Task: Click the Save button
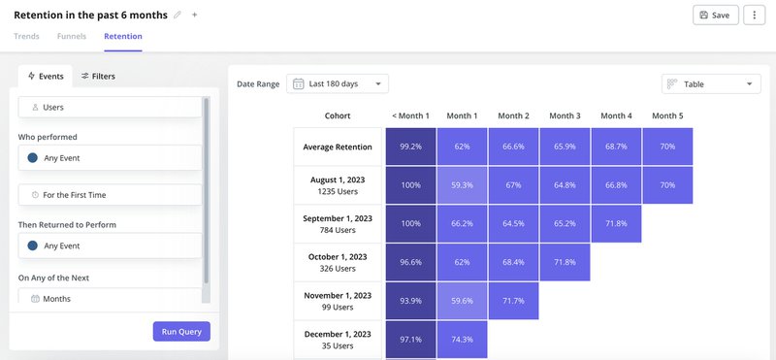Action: [x=715, y=16]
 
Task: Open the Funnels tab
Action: [x=72, y=37]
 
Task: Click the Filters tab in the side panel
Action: [x=98, y=76]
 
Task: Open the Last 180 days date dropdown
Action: [x=338, y=84]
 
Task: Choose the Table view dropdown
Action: [x=711, y=84]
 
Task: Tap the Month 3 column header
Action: [x=565, y=116]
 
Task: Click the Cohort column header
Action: [x=338, y=116]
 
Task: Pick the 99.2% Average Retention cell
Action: [x=410, y=147]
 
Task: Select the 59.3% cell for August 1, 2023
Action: [x=462, y=184]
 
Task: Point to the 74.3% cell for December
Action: [x=462, y=339]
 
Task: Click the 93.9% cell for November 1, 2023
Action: [x=410, y=301]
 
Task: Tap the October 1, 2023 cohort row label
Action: [x=339, y=262]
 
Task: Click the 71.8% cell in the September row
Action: [x=617, y=223]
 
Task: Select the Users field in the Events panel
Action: [x=110, y=107]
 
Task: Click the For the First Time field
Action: [x=110, y=195]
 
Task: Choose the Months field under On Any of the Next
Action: [x=110, y=299]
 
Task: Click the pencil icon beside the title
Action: [x=177, y=16]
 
